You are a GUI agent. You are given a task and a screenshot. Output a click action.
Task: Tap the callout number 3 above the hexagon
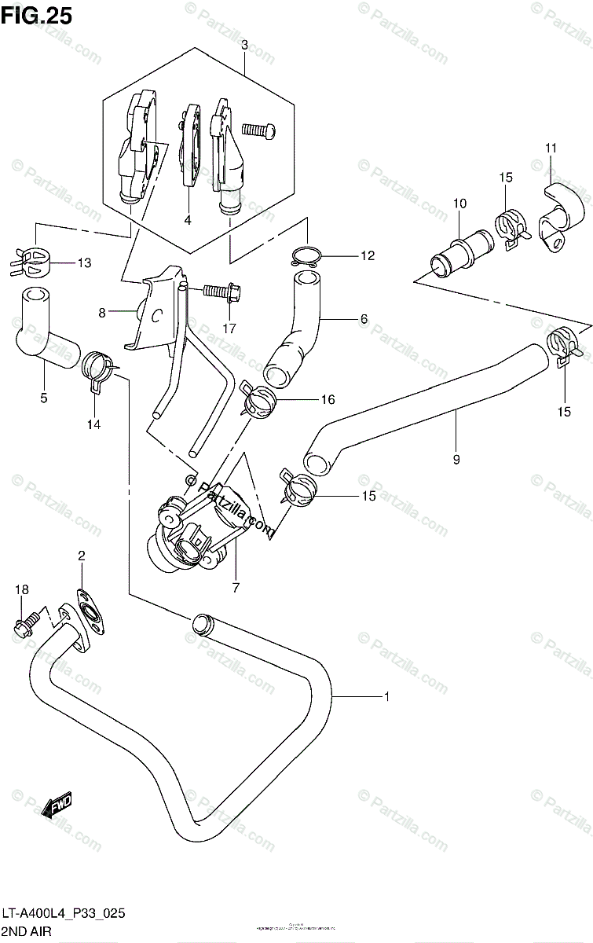point(244,46)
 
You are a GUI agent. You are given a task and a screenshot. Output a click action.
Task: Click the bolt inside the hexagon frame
point(260,130)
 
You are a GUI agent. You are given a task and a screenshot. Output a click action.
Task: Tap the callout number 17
point(229,328)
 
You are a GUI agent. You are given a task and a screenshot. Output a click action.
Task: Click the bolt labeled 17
point(219,292)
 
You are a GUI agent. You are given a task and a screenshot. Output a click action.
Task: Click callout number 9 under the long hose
point(456,459)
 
